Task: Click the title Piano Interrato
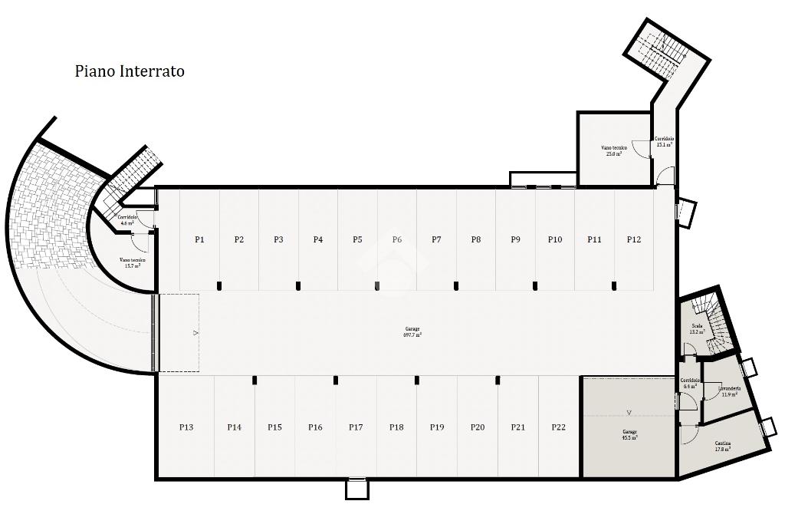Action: tap(130, 71)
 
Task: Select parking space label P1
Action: tap(199, 239)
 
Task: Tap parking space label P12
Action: tap(633, 239)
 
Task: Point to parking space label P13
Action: tap(186, 427)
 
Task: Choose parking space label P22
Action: tap(558, 427)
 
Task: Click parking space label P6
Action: tap(397, 239)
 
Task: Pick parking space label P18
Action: tap(396, 427)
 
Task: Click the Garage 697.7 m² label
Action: tap(412, 332)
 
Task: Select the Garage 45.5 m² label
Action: tap(629, 435)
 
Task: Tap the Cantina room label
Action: tap(723, 446)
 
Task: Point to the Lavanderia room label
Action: tap(729, 391)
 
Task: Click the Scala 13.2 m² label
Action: tap(697, 329)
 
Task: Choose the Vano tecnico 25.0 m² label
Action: tap(614, 150)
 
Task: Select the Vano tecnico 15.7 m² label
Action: tap(132, 263)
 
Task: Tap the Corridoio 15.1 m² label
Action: tap(664, 141)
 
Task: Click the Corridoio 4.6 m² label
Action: tap(127, 220)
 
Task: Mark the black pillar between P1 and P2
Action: tap(219, 286)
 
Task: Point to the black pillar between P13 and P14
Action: tap(255, 380)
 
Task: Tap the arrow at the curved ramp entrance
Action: tap(195, 333)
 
